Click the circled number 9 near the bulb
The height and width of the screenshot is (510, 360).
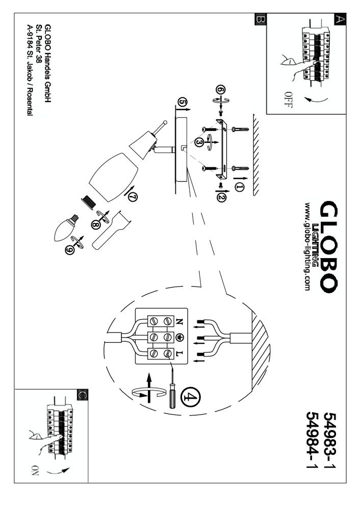pyautogui.click(x=70, y=250)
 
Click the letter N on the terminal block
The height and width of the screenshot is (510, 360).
pyautogui.click(x=179, y=321)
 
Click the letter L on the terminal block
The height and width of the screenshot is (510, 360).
pyautogui.click(x=179, y=353)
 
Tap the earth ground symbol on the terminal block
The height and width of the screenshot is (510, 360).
pyautogui.click(x=179, y=337)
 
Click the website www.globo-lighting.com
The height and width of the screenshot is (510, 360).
pyautogui.click(x=307, y=246)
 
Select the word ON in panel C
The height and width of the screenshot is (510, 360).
pyautogui.click(x=35, y=470)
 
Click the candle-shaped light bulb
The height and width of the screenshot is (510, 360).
pyautogui.click(x=65, y=226)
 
